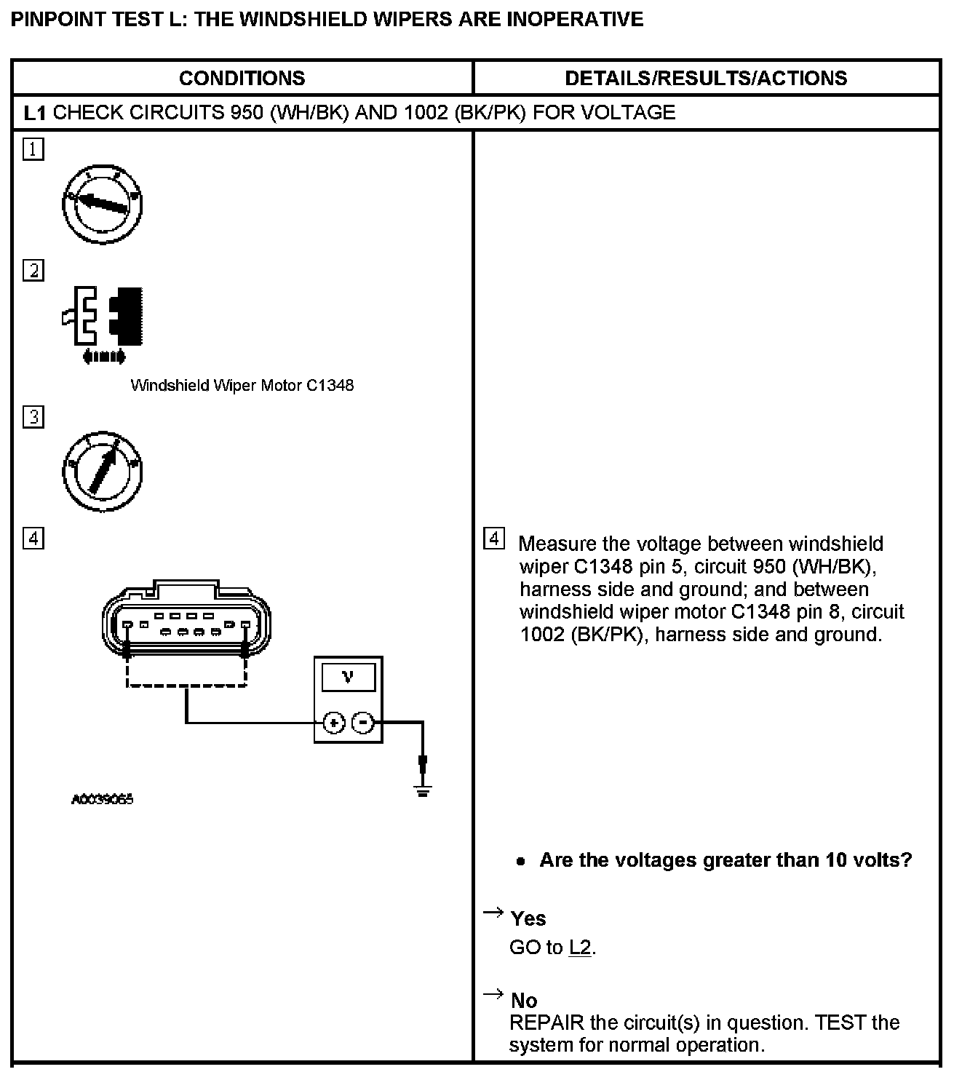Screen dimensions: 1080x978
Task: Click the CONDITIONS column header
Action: point(242,79)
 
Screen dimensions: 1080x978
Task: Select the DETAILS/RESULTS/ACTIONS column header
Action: point(705,79)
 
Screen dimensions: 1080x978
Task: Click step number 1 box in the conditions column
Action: point(33,150)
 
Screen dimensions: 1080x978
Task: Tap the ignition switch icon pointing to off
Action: point(102,204)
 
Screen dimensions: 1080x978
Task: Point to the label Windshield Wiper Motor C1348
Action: point(242,386)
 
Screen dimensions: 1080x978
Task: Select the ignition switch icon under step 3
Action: point(102,471)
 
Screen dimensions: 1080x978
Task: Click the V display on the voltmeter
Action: point(348,678)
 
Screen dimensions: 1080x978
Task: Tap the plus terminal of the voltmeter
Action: point(333,723)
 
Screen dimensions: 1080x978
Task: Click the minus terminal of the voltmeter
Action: point(362,723)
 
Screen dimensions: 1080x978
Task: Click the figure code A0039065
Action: point(103,799)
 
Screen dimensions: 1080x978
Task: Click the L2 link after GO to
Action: point(580,948)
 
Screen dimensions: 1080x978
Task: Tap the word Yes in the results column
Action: point(528,919)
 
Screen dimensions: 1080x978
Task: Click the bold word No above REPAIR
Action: point(524,1001)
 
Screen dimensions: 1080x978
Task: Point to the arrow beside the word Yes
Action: point(493,913)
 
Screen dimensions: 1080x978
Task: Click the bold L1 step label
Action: point(35,113)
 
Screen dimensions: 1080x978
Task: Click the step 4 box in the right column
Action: point(493,539)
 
